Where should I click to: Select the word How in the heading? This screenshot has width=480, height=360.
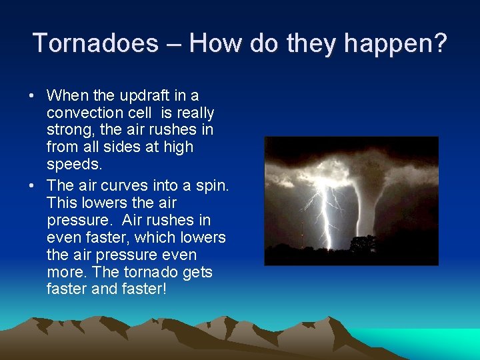point(216,43)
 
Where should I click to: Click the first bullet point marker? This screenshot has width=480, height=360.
point(32,96)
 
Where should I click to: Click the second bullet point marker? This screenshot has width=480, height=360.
point(32,185)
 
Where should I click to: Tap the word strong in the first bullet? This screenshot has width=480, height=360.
point(69,130)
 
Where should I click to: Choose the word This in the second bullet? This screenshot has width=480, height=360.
point(62,203)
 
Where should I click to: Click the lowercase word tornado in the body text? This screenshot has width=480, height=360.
point(141,272)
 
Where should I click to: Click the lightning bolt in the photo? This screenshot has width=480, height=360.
point(327,213)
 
